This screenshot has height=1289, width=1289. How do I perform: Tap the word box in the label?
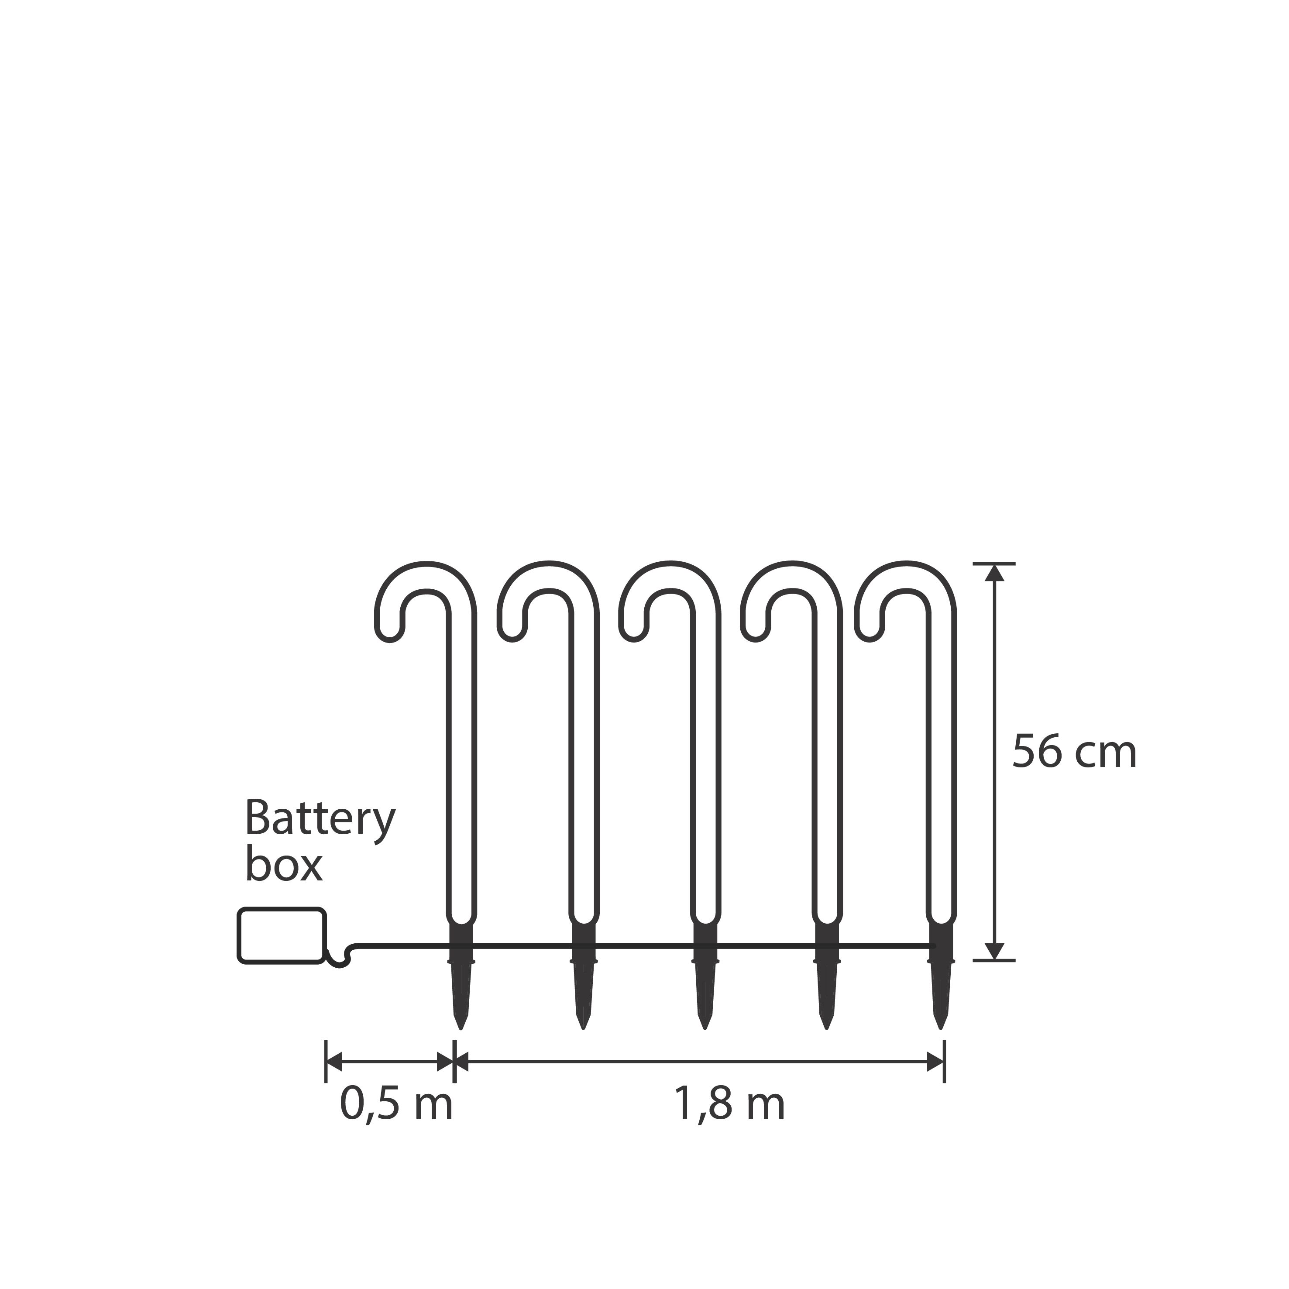point(284,866)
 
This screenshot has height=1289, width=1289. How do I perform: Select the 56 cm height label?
point(1074,753)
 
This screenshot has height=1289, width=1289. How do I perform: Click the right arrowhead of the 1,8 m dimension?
point(936,1062)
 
